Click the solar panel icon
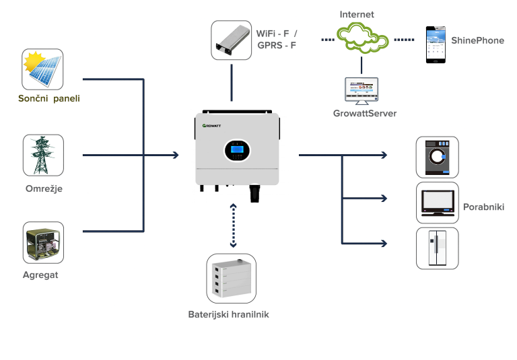(42, 69)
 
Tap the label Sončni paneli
(48, 100)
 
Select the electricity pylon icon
(43, 155)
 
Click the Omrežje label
(42, 188)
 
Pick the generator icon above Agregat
(43, 242)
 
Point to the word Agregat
(41, 275)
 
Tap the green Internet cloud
(363, 39)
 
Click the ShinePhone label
(479, 40)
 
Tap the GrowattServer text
(364, 113)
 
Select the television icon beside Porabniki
(437, 203)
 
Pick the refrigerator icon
(437, 248)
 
